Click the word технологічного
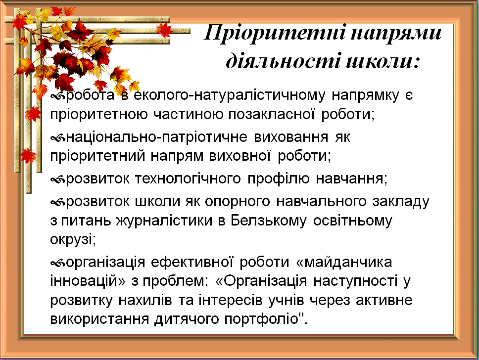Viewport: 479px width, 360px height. (x=188, y=179)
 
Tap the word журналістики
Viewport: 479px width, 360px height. (x=164, y=221)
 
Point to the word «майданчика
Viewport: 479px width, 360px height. (x=344, y=262)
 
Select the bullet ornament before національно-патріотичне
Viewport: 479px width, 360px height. (x=58, y=138)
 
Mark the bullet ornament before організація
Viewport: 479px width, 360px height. (x=58, y=263)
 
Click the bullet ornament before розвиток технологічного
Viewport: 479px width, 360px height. (x=58, y=180)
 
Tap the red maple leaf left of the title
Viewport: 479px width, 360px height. (x=164, y=31)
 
